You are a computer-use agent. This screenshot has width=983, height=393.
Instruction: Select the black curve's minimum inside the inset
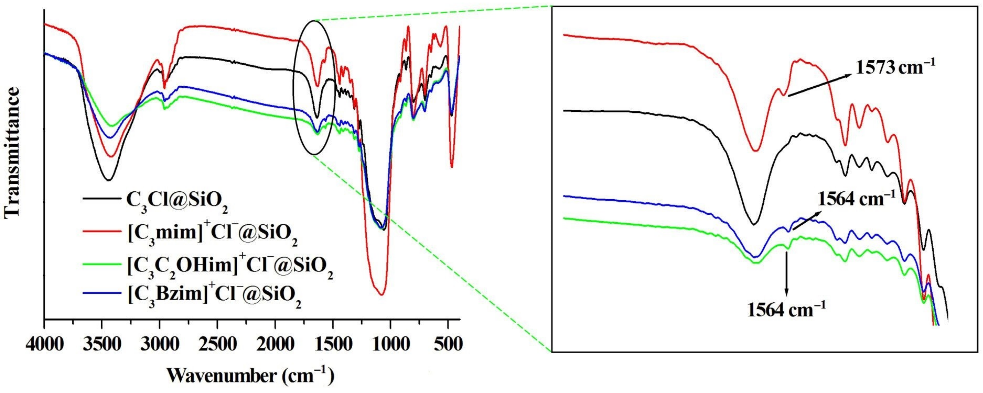tap(753, 224)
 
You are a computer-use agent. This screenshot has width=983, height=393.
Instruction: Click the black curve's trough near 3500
tap(109, 180)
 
